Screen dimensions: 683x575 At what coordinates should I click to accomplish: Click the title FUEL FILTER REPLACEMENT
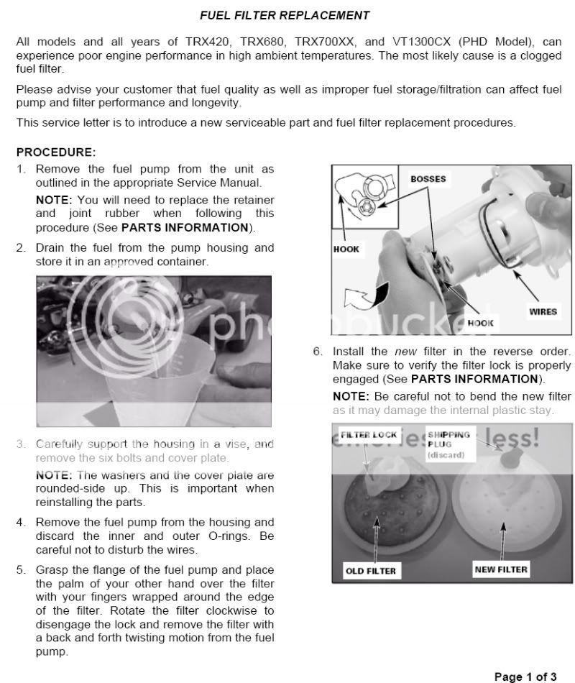click(285, 14)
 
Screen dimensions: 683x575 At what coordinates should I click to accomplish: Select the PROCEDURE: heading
click(55, 152)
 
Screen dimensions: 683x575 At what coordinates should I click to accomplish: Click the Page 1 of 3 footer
click(525, 677)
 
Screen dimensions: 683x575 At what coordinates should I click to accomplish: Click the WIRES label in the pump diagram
click(543, 311)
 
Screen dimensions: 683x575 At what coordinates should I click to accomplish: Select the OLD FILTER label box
click(370, 571)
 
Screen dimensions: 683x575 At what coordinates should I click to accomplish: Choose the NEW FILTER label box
click(501, 569)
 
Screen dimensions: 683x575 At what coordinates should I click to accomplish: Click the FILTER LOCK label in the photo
click(368, 435)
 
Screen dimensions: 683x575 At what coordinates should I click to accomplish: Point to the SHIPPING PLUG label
click(448, 439)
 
